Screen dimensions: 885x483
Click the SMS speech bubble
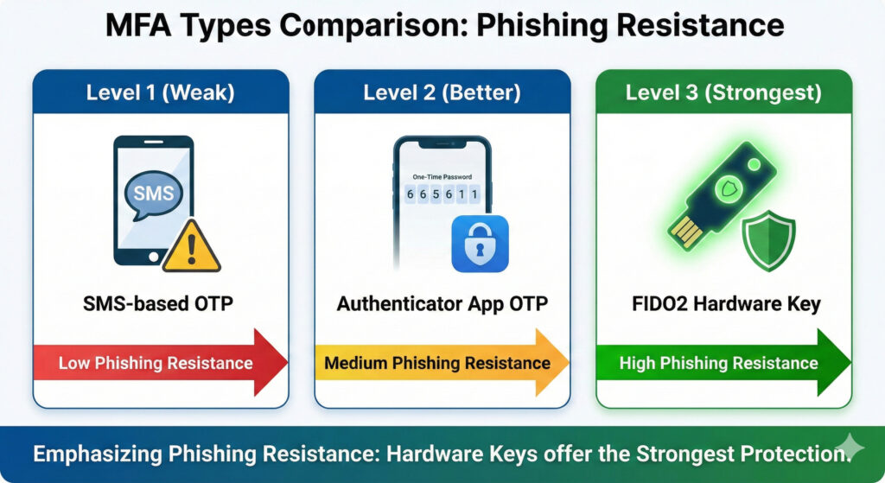point(154,194)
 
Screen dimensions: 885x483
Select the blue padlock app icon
point(480,244)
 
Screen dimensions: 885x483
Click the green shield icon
point(768,241)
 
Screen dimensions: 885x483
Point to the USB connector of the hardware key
point(686,232)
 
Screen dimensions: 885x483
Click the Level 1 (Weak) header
point(160,92)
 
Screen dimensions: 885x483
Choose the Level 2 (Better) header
point(442,92)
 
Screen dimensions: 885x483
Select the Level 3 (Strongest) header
point(723,92)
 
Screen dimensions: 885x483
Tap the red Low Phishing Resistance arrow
point(161,362)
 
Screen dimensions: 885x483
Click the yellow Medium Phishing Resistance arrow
point(442,362)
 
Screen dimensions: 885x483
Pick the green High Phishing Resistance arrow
point(723,362)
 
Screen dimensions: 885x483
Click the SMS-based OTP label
point(158,303)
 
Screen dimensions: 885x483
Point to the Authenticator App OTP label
point(442,303)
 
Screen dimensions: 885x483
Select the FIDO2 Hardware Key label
point(726,304)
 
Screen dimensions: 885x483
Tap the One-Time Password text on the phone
point(442,176)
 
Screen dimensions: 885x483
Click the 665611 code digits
point(442,194)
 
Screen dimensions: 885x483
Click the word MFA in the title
point(138,25)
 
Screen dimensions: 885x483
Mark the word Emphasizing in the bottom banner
point(98,454)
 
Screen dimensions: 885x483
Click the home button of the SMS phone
point(154,257)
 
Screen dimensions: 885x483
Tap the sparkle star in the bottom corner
point(849,448)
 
